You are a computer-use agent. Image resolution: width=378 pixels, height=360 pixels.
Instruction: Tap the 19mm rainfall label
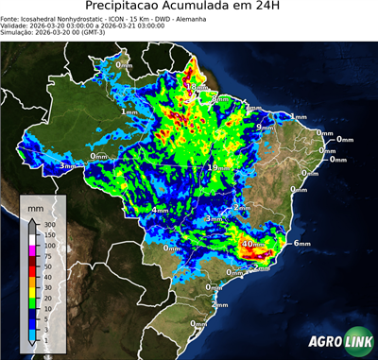[215, 167]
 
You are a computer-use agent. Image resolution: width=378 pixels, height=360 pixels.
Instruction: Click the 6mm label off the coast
[302, 244]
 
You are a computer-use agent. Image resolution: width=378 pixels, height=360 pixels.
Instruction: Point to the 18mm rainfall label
[193, 87]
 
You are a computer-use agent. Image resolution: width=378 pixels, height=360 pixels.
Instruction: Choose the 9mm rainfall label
[266, 127]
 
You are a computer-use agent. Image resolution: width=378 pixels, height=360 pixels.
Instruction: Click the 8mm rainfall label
[219, 98]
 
